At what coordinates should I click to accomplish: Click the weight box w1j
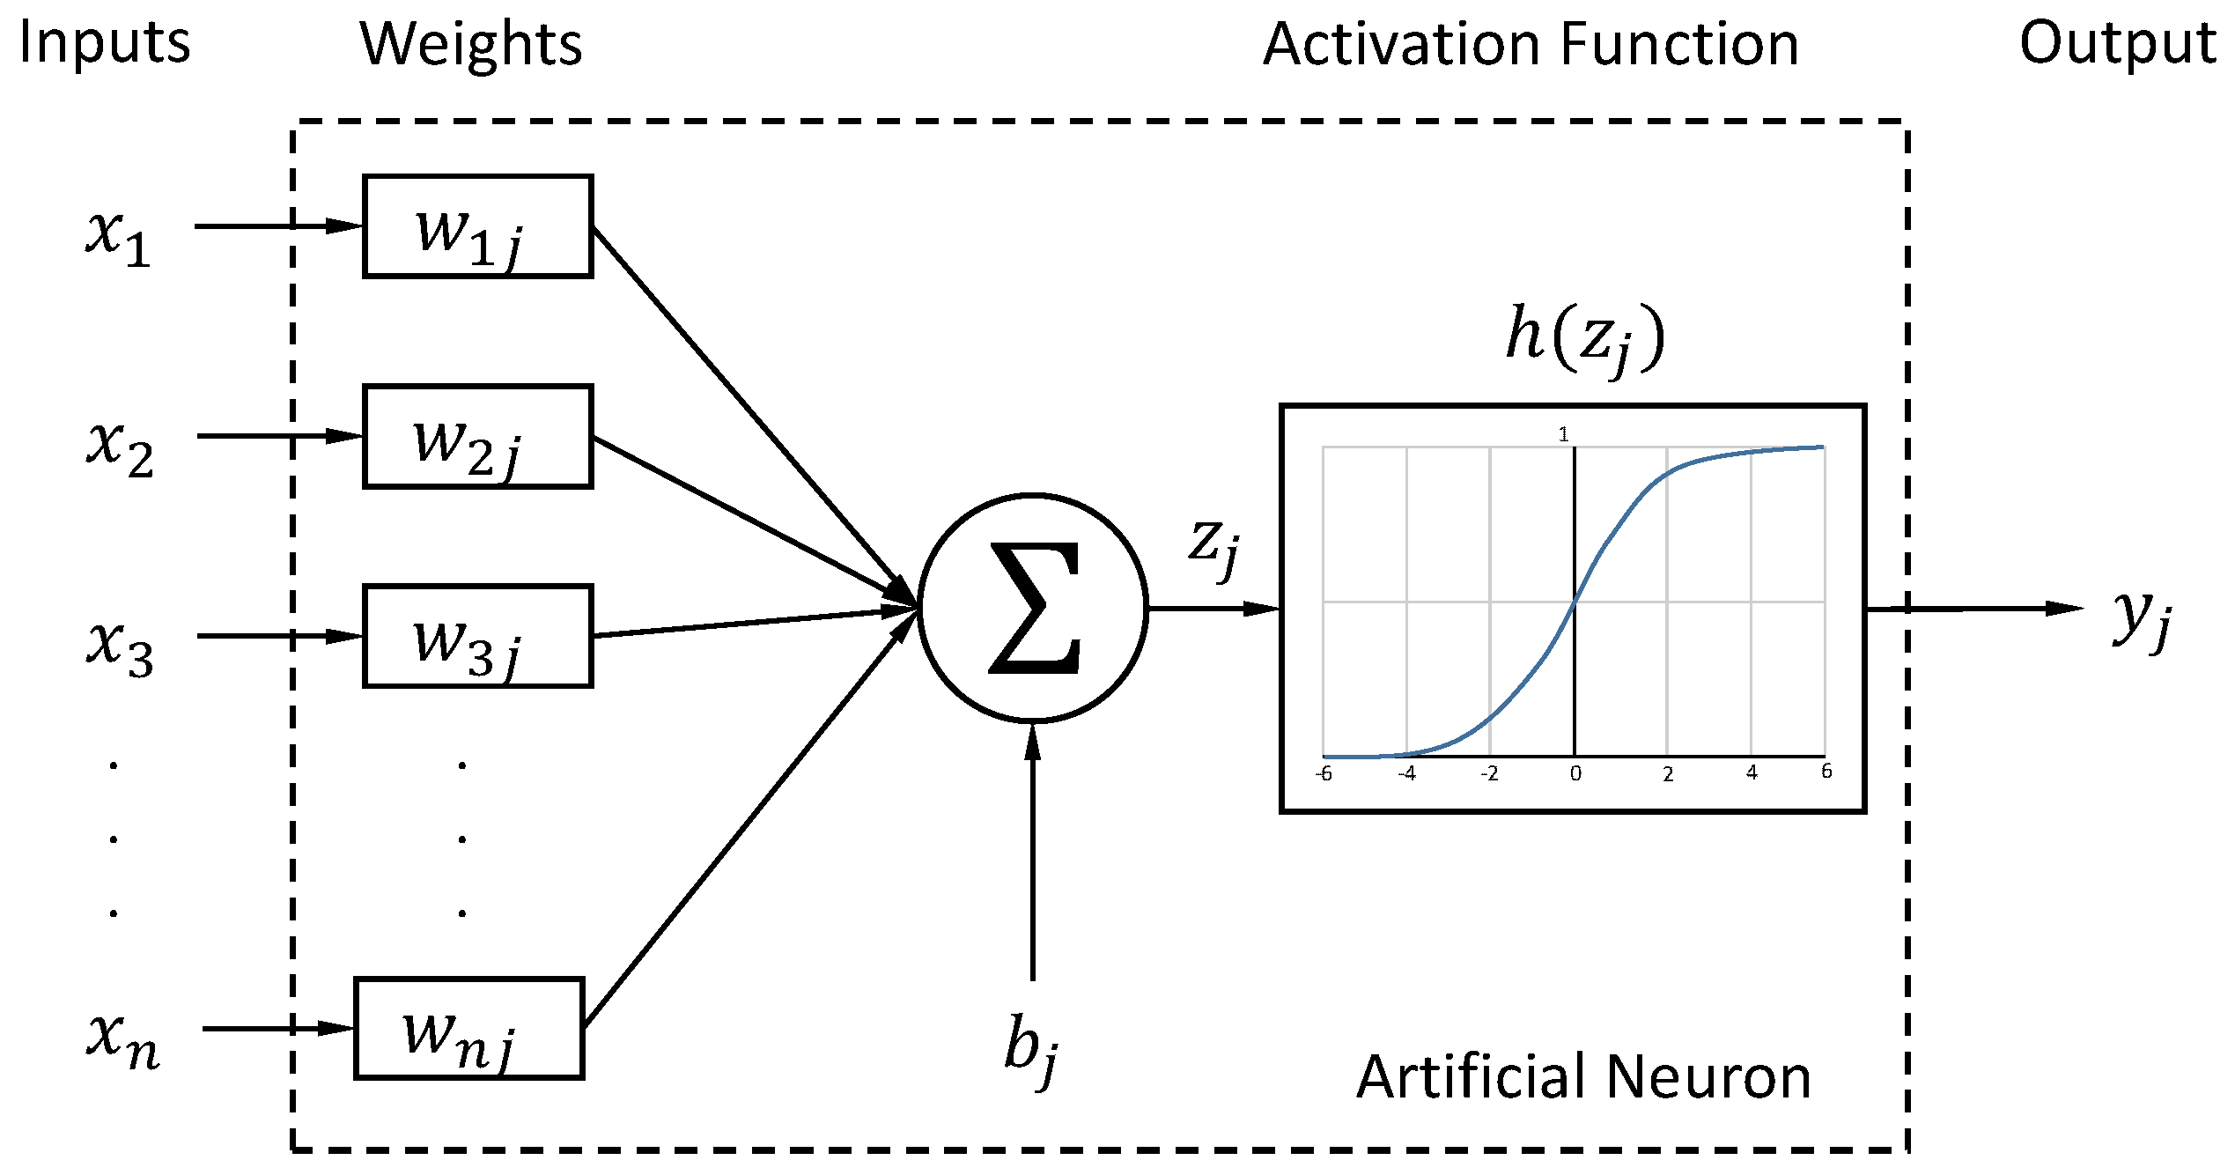[x=477, y=226]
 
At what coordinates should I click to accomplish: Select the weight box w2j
[x=477, y=436]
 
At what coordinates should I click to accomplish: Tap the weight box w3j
[x=477, y=636]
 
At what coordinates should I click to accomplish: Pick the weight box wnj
[x=468, y=1028]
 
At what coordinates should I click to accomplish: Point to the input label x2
[x=120, y=447]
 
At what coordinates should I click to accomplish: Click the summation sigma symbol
[x=1034, y=608]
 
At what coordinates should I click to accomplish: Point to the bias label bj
[x=1031, y=1048]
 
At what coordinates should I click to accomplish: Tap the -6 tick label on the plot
[x=1323, y=774]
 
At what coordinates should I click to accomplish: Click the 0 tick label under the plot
[x=1575, y=774]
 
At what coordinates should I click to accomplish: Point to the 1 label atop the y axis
[x=1563, y=434]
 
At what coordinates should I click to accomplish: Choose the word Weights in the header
[x=471, y=44]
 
